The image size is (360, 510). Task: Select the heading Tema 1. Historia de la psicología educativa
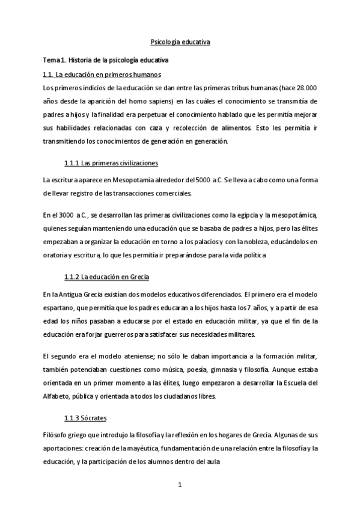point(105,60)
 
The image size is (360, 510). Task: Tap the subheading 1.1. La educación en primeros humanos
point(102,75)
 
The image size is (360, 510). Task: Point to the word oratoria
point(55,254)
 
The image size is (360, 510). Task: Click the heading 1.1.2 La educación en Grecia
point(106,277)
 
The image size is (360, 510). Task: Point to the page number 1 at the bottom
point(180,485)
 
